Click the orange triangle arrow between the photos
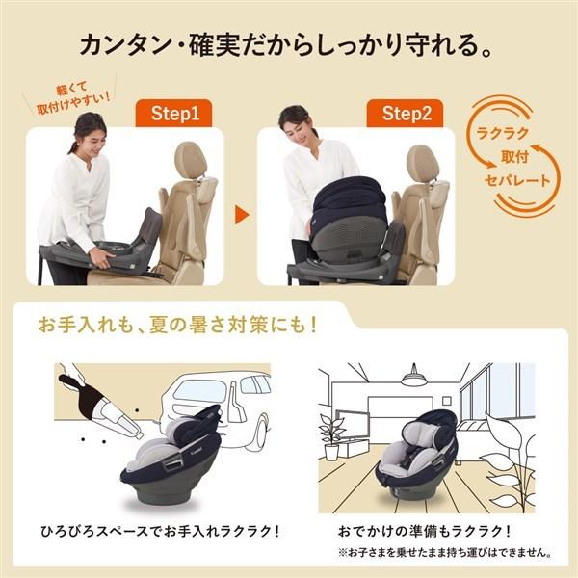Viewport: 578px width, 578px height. point(242,213)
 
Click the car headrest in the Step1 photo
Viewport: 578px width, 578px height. point(191,160)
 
